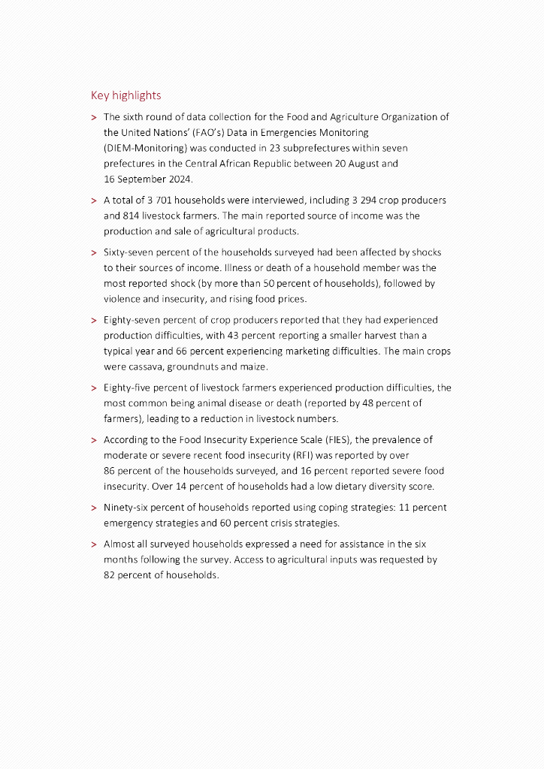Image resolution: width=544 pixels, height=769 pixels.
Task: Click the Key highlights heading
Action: point(125,95)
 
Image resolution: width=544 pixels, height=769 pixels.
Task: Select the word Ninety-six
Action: point(125,508)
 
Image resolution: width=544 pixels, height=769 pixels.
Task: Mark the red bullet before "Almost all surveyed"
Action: point(93,544)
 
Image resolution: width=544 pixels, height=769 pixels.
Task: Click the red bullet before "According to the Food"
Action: point(93,441)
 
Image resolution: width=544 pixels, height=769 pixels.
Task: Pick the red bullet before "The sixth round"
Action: point(93,118)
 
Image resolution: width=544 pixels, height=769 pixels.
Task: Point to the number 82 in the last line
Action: point(110,575)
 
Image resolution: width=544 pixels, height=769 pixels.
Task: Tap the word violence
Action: point(124,299)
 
